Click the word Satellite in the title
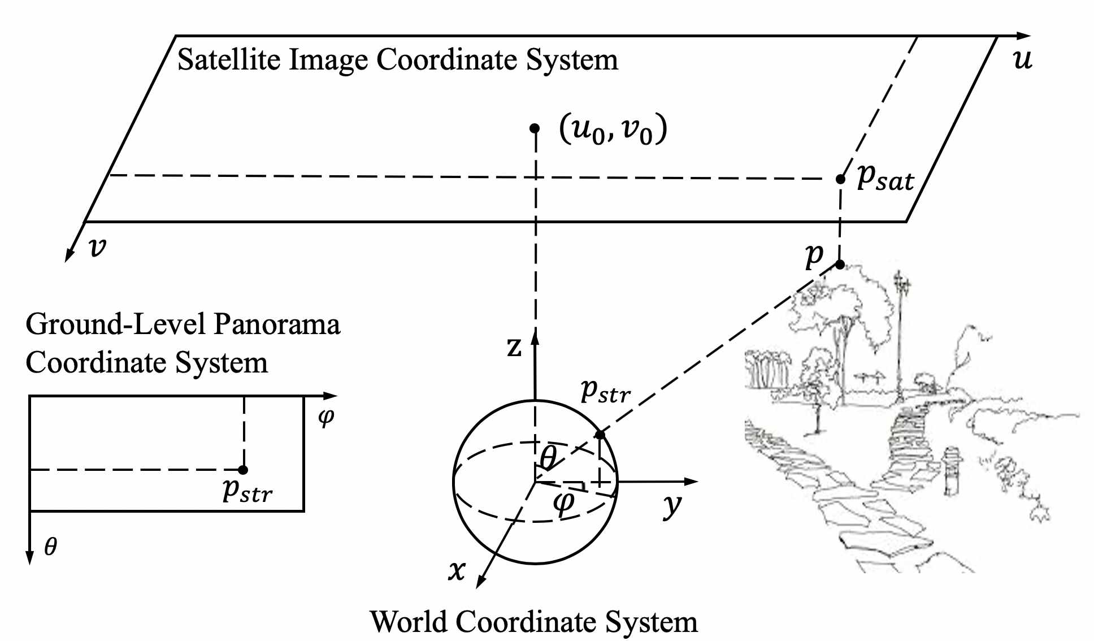(229, 60)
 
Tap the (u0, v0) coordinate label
(613, 130)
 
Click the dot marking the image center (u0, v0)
(535, 128)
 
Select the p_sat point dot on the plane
(840, 179)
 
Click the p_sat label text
(884, 179)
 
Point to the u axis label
(1023, 59)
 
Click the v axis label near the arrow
(98, 247)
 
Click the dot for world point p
(840, 264)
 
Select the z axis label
(514, 347)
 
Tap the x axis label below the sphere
(457, 570)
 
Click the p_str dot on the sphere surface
(600, 435)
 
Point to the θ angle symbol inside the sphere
(548, 457)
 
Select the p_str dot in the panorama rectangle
(243, 470)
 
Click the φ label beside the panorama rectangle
(326, 418)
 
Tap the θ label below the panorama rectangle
(50, 546)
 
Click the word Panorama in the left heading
(277, 325)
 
